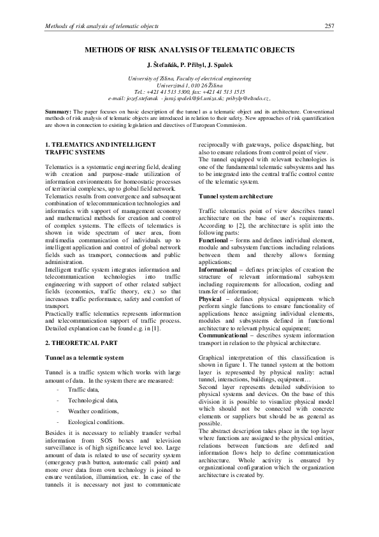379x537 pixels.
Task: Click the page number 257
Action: [x=329, y=26]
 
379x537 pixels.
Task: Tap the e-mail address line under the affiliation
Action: [x=189, y=98]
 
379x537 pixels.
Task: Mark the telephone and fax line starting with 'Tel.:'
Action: [x=189, y=91]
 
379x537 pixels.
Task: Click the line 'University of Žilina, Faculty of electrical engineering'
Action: [x=189, y=77]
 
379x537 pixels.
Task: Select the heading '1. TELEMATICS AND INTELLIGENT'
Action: [x=100, y=145]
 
